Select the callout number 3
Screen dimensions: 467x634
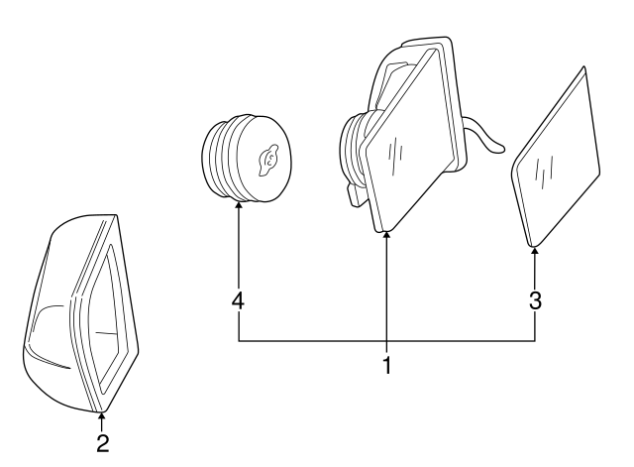pos(535,300)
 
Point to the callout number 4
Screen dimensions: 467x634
pos(239,300)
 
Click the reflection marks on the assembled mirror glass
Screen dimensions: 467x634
pos(398,152)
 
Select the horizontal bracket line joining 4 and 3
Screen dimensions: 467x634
pos(386,342)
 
